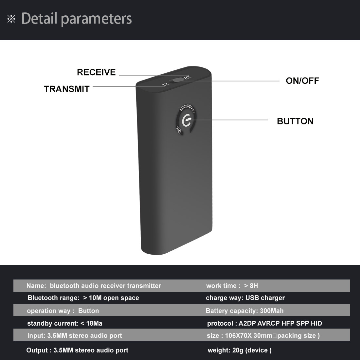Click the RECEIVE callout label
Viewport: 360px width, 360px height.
point(96,72)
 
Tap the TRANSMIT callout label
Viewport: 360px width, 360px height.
point(67,89)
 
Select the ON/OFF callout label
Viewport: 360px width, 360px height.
point(302,81)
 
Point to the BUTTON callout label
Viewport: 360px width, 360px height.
point(295,121)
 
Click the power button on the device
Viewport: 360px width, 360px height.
point(186,120)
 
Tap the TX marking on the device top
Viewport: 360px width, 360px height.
point(165,85)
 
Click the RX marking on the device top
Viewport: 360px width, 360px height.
point(187,78)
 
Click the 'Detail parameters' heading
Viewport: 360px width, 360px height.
point(77,19)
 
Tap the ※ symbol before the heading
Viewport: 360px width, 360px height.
point(11,19)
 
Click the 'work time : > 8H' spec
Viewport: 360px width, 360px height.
point(232,286)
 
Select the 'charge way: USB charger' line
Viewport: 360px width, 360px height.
point(245,298)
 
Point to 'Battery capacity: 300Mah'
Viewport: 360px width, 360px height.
point(244,311)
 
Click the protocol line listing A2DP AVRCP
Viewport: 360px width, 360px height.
point(264,323)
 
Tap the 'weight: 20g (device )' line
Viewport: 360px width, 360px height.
point(240,350)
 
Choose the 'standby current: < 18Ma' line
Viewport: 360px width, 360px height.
point(64,323)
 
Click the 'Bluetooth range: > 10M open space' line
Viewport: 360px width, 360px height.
point(83,298)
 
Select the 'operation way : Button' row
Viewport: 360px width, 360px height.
point(63,311)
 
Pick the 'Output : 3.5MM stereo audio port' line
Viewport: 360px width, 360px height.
point(77,350)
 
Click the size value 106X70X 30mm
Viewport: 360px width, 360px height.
point(249,335)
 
